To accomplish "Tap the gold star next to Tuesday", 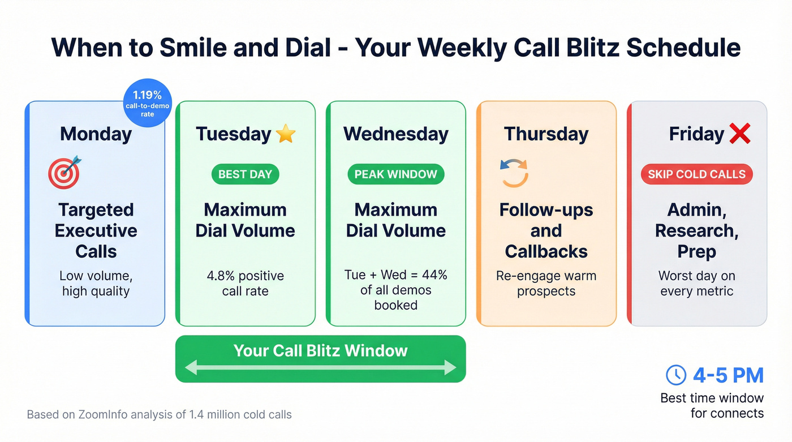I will coord(286,134).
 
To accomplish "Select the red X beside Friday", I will coord(739,134).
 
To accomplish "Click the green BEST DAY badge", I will coord(245,174).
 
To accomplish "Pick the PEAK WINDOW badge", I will coord(395,174).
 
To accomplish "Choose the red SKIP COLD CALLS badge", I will coord(696,174).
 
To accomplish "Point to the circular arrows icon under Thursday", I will coord(514,173).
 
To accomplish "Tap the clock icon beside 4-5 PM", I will coord(676,375).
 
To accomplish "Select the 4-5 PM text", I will coord(728,375).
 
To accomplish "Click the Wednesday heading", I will coord(395,134).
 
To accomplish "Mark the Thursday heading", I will coord(546,134).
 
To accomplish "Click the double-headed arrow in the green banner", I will coord(320,368).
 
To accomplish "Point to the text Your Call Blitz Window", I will coord(320,350).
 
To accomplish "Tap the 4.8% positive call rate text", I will coord(245,284).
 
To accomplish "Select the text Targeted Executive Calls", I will coord(96,230).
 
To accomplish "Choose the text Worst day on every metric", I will coord(696,284).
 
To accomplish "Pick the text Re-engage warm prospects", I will coord(546,284).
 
